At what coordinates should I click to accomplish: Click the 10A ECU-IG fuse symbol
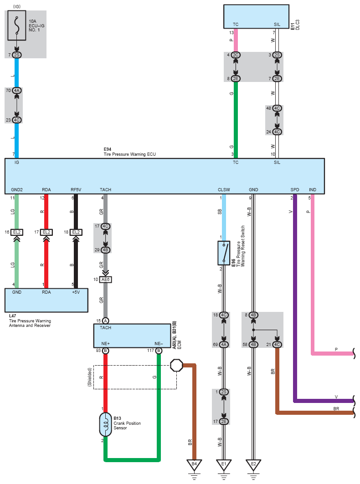pos(17,25)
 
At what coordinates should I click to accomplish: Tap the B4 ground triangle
pos(194,464)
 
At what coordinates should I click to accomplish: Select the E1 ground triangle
pos(224,464)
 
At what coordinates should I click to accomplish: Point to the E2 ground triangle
pos(253,464)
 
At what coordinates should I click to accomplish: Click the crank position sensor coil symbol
pos(105,424)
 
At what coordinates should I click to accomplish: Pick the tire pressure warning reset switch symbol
pos(224,253)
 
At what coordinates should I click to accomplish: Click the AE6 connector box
pos(105,280)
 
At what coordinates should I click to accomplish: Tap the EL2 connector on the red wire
pos(46,232)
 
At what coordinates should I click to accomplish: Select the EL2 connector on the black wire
pos(76,232)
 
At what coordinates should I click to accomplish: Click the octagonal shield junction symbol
pos(176,365)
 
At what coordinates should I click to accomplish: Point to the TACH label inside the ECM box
pos(105,327)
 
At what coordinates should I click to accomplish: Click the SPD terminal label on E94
pos(295,189)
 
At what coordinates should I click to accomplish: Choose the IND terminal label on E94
pos(313,189)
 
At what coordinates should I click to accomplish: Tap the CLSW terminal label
pos(224,189)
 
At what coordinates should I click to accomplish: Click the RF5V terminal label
pos(76,189)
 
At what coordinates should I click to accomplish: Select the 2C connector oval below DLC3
pos(236,55)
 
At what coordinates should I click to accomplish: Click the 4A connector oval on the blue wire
pos(17,91)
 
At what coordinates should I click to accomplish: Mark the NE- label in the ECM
pos(159,344)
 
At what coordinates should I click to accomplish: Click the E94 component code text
pos(108,149)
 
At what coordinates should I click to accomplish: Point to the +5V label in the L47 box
pos(76,292)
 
